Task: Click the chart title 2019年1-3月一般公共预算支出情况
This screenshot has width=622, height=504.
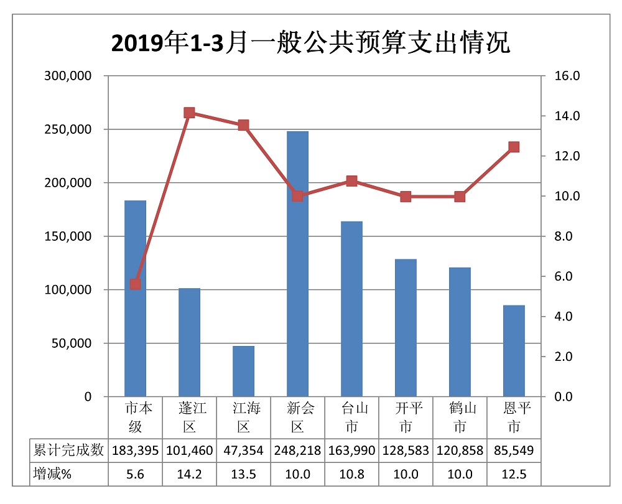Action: pyautogui.click(x=310, y=44)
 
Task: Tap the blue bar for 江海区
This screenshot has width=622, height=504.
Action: pyautogui.click(x=243, y=371)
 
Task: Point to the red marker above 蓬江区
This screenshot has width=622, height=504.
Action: pyautogui.click(x=190, y=113)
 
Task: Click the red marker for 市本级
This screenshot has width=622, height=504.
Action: pyautogui.click(x=136, y=284)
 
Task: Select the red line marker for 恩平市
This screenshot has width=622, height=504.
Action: pyautogui.click(x=514, y=147)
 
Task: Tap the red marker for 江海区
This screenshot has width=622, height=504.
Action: pyautogui.click(x=243, y=125)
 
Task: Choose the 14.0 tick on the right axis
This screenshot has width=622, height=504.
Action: pyautogui.click(x=568, y=116)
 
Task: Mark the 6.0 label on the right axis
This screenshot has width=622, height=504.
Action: pyautogui.click(x=565, y=276)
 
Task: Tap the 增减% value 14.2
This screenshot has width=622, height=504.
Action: pyautogui.click(x=190, y=474)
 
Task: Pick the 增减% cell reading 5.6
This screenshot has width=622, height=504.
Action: pyautogui.click(x=136, y=474)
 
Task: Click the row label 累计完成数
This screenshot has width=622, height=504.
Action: pyautogui.click(x=68, y=450)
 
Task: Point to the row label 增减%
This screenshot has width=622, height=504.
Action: pyautogui.click(x=52, y=474)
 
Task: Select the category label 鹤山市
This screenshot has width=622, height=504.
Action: pyautogui.click(x=460, y=418)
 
